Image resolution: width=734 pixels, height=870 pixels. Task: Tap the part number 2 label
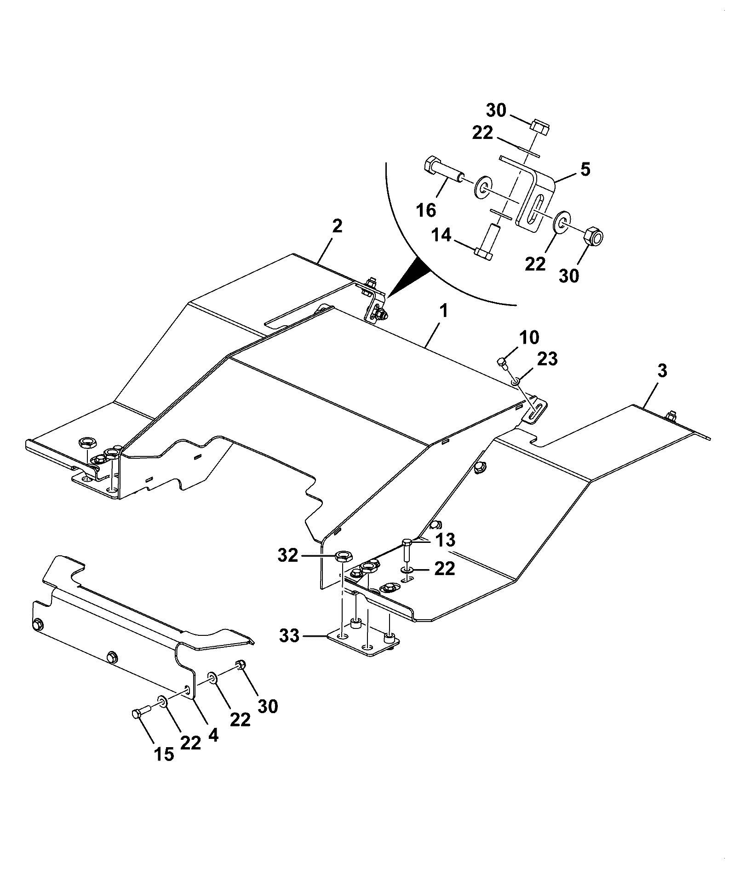pos(337,226)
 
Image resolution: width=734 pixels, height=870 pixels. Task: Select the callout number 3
pos(662,371)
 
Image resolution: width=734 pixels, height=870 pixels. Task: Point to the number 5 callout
pos(585,169)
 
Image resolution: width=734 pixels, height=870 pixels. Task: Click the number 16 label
pos(426,210)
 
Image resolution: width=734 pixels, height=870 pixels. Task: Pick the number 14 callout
pos(442,236)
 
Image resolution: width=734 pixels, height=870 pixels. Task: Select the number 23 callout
pos(546,358)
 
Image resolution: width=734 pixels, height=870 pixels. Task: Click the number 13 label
pos(444,540)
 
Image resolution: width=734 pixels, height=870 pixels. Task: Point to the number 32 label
pos(288,556)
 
